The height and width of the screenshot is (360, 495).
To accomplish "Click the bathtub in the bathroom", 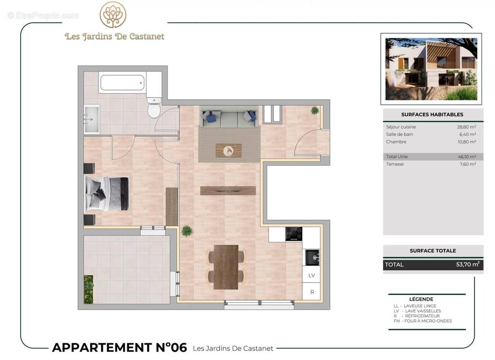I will tap(122, 83).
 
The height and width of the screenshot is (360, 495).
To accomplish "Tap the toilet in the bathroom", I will tap(154, 108).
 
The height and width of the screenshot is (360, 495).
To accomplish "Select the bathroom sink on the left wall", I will tap(91, 119).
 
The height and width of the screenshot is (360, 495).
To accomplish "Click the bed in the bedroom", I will tap(108, 193).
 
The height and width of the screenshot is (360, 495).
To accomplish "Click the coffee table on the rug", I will tap(229, 150).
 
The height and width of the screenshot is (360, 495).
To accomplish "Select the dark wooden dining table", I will tap(226, 267).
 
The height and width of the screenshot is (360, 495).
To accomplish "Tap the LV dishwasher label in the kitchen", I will tap(311, 275).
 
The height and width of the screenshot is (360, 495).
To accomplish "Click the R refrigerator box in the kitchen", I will tap(311, 292).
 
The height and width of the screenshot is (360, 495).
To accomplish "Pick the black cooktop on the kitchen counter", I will tap(294, 234).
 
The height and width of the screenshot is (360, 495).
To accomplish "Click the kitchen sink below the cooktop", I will tap(312, 257).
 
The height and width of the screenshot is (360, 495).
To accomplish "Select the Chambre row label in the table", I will tap(396, 142).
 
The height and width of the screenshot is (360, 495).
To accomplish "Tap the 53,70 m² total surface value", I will tap(468, 264).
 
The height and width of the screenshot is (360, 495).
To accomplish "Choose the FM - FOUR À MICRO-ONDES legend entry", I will tap(423, 321).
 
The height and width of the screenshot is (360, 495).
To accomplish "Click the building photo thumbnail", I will tap(431, 69).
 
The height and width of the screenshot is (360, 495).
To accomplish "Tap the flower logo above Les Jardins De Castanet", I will tap(113, 15).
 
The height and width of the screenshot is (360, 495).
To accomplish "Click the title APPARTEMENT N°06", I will tap(119, 347).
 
